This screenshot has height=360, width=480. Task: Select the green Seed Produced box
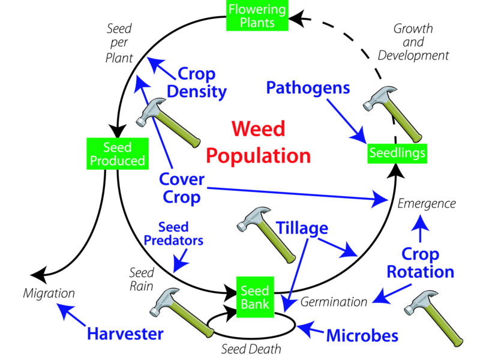pyautogui.click(x=116, y=154)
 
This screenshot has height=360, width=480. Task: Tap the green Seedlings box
pyautogui.click(x=397, y=154)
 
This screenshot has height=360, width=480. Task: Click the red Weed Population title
pyautogui.click(x=258, y=142)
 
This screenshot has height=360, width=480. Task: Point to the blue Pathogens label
pyautogui.click(x=308, y=88)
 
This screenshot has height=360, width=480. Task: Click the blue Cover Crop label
pyautogui.click(x=182, y=188)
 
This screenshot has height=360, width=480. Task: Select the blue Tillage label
pyautogui.click(x=302, y=228)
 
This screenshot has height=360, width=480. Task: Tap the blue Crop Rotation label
pyautogui.click(x=420, y=262)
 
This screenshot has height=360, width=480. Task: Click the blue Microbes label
pyautogui.click(x=362, y=335)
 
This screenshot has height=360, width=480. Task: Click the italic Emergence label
pyautogui.click(x=427, y=203)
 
